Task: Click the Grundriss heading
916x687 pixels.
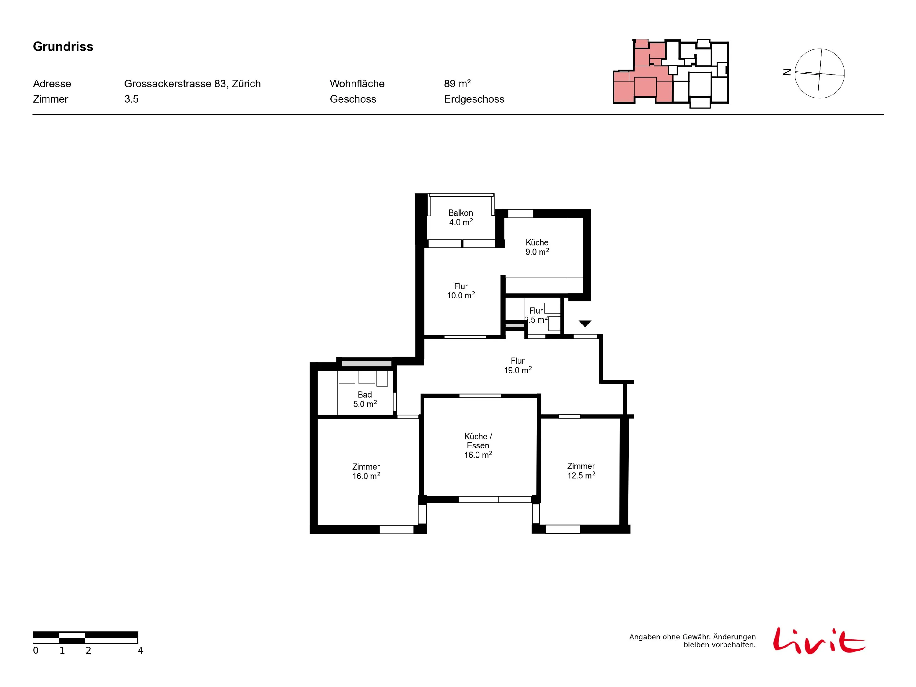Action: point(63,47)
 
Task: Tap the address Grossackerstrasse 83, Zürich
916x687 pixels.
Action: point(192,84)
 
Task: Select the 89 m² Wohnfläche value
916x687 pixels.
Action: point(457,84)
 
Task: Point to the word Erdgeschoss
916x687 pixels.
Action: point(474,99)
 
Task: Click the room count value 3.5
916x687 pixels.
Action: point(131,99)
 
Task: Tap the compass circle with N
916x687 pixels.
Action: point(820,74)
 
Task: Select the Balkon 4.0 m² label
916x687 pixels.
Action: point(460,217)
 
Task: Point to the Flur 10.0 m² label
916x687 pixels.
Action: point(461,291)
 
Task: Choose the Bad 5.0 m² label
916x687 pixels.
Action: point(365,399)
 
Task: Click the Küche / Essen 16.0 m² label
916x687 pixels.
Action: point(478,445)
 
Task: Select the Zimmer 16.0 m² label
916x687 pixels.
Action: point(366,471)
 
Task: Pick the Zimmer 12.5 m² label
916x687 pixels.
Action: point(581,471)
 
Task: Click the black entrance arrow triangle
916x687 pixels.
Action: point(585,323)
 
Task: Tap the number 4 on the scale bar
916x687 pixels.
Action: point(140,651)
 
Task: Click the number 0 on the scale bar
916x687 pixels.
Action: point(36,651)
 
